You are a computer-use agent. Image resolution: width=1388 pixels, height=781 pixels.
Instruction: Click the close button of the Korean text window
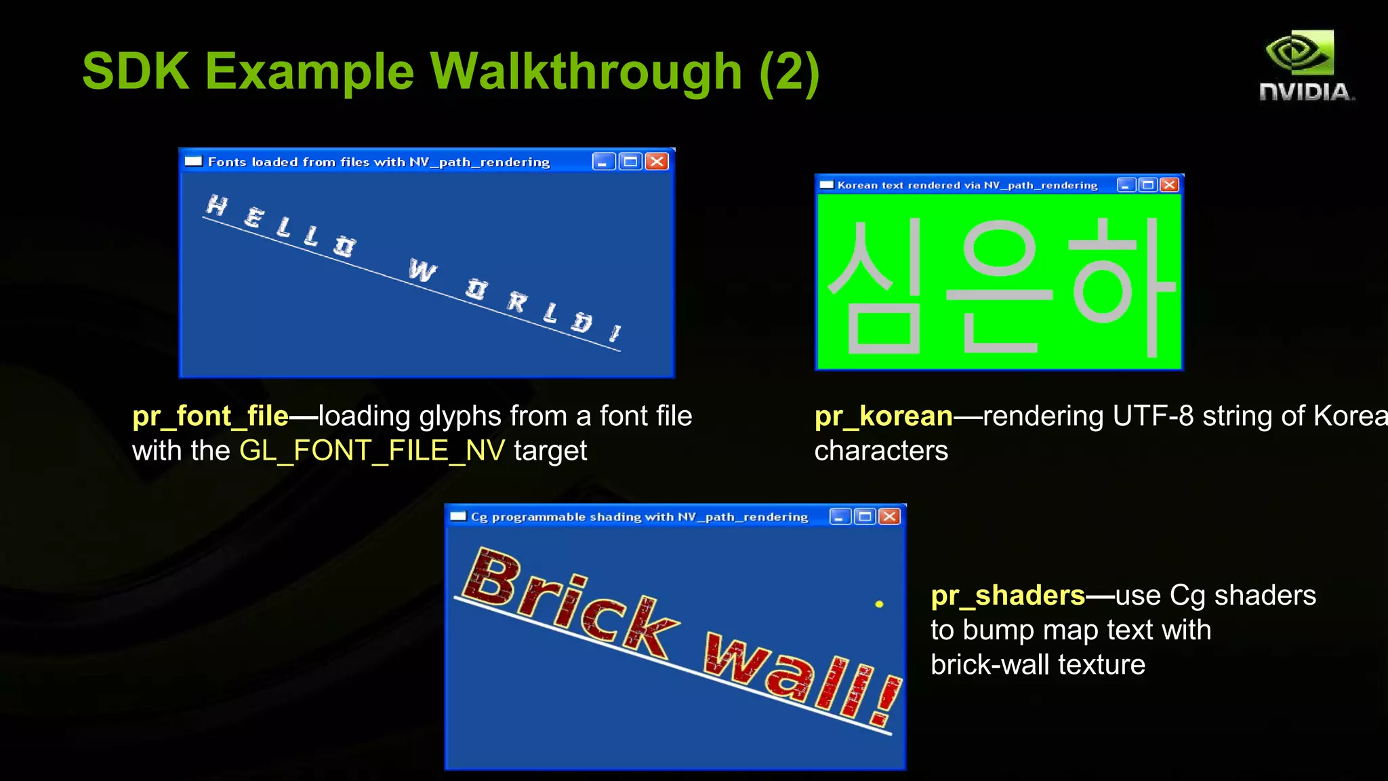tap(1170, 185)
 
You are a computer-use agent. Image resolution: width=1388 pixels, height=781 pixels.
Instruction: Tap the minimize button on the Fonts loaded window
tap(603, 161)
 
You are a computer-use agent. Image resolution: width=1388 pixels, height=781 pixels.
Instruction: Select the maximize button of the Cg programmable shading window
tap(865, 517)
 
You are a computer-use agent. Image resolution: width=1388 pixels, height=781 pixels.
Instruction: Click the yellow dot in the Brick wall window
tap(879, 604)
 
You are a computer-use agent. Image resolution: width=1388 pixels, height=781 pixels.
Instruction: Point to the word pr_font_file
tap(210, 416)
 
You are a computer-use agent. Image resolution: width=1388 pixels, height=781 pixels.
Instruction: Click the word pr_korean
tap(883, 416)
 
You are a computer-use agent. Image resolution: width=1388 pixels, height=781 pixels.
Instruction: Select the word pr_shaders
tap(1008, 595)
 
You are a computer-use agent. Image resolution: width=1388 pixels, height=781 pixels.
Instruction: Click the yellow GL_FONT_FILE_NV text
tap(371, 451)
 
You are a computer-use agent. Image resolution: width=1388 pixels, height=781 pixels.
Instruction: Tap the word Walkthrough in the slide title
tap(586, 71)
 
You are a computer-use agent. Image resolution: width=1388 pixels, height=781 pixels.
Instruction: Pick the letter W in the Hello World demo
tap(422, 271)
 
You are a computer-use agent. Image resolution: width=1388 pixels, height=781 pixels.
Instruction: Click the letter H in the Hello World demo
tap(217, 205)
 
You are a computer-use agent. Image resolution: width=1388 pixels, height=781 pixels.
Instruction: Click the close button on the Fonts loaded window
tap(657, 161)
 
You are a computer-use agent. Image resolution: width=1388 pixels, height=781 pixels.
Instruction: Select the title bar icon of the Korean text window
tap(826, 185)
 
